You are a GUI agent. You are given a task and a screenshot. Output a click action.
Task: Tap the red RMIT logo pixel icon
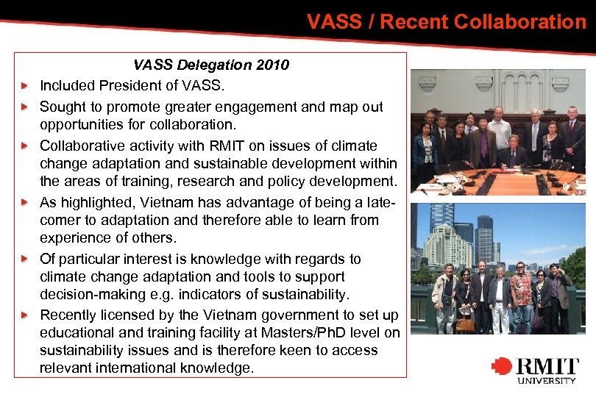click(502, 366)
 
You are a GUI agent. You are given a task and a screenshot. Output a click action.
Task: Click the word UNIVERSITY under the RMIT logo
click(547, 380)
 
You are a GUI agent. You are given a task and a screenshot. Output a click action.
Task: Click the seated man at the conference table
click(513, 151)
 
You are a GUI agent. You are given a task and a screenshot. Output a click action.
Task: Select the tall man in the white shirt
click(500, 132)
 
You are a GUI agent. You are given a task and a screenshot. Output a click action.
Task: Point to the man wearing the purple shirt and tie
click(482, 143)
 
